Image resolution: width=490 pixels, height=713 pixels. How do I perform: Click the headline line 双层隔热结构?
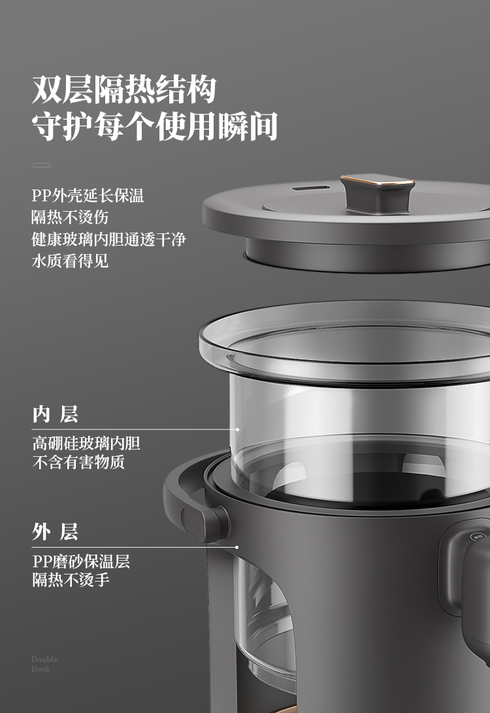tap(123, 90)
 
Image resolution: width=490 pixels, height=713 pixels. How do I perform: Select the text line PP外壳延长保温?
tap(88, 195)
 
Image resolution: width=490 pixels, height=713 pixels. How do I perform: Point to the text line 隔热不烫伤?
tap(70, 217)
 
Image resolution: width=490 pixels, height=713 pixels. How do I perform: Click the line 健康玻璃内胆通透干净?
tap(108, 239)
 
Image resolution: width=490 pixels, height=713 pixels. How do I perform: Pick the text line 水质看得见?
tap(70, 261)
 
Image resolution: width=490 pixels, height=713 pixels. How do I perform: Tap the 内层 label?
tap(55, 414)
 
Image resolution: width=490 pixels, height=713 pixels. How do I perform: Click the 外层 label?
tap(55, 531)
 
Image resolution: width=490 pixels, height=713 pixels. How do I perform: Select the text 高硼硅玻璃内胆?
tap(86, 443)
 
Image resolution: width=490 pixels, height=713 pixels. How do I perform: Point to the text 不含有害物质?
tap(78, 462)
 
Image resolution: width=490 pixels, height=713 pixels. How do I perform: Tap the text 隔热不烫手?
tap(71, 580)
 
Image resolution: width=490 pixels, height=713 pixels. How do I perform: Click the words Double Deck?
tap(44, 664)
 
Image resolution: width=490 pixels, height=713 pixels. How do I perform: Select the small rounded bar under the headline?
tap(41, 165)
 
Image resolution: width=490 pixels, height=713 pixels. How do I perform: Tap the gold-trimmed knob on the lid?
tap(378, 193)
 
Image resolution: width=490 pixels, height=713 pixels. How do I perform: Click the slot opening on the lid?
tap(311, 187)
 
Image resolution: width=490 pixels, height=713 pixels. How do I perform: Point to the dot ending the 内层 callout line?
tap(237, 429)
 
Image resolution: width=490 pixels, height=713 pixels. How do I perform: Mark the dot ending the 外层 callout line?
tap(237, 547)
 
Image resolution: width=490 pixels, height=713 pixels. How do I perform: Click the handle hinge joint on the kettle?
tap(204, 523)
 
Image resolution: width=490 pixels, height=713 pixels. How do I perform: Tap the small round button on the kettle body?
tap(478, 537)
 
